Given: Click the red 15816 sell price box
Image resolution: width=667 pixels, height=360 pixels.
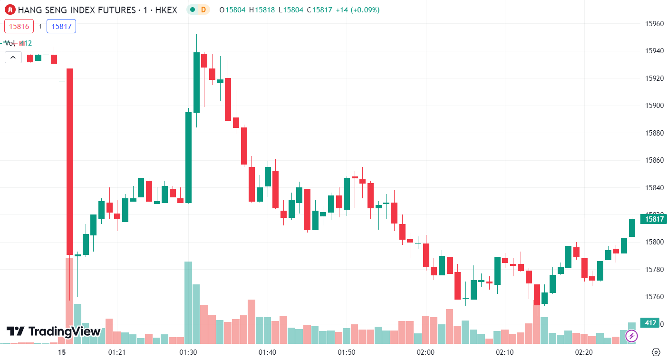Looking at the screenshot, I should pyautogui.click(x=19, y=26).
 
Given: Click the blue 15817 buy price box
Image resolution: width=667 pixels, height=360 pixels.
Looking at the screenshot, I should pyautogui.click(x=61, y=26).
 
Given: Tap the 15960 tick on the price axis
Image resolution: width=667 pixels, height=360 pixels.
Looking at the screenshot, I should pyautogui.click(x=654, y=23).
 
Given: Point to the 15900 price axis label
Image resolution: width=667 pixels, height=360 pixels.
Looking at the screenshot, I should pyautogui.click(x=654, y=105).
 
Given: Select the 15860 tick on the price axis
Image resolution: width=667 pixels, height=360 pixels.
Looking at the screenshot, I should pyautogui.click(x=654, y=160).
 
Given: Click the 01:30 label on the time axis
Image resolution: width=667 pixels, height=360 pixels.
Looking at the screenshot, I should pyautogui.click(x=188, y=352).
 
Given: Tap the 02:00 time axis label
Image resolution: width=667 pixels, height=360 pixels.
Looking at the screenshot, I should pyautogui.click(x=425, y=352).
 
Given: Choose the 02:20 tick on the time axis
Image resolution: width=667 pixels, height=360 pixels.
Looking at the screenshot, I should pyautogui.click(x=584, y=352).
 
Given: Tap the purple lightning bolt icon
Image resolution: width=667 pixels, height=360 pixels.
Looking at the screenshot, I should pyautogui.click(x=631, y=336).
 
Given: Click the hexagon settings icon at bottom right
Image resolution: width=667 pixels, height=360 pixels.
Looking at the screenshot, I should pyautogui.click(x=656, y=352).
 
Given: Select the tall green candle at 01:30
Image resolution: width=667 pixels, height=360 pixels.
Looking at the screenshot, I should pyautogui.click(x=188, y=157).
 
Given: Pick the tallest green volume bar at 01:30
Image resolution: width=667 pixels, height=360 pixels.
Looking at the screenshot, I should pyautogui.click(x=188, y=302).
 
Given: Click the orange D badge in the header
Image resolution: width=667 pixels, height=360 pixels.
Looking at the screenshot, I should pyautogui.click(x=203, y=10).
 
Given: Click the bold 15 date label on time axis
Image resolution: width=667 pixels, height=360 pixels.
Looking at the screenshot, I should pyautogui.click(x=61, y=352).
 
